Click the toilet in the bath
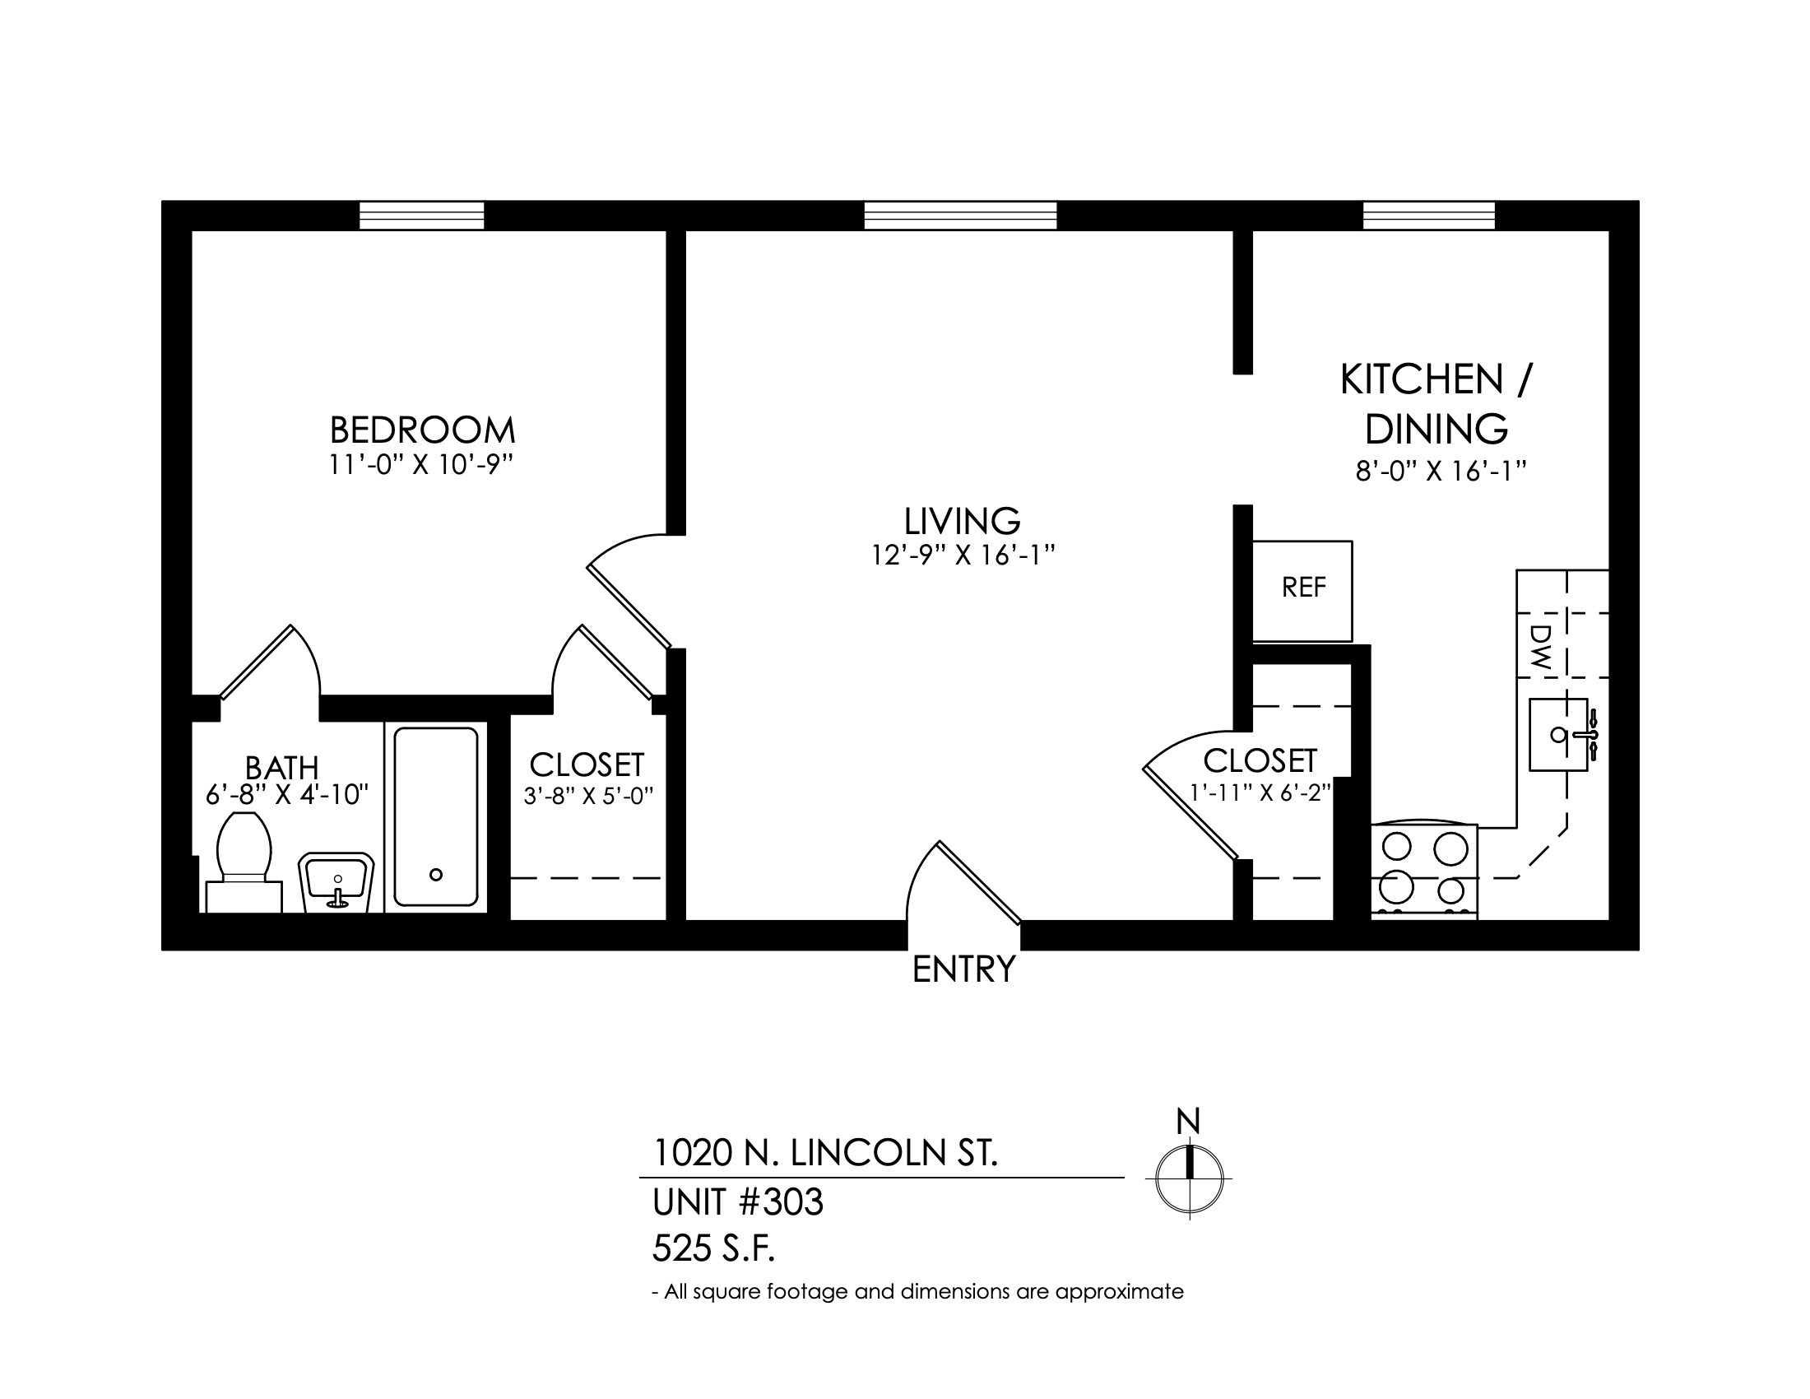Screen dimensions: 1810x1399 click(x=244, y=862)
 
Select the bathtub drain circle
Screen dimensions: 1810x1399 click(x=436, y=874)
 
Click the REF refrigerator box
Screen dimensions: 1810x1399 click(x=1302, y=591)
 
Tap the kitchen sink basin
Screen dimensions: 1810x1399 click(x=1559, y=734)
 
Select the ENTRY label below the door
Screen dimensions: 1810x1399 click(x=964, y=969)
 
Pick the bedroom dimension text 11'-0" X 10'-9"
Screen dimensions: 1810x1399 click(x=421, y=466)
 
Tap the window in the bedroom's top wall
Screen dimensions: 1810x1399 click(x=422, y=216)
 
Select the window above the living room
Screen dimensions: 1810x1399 click(x=960, y=216)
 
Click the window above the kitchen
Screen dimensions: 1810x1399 click(x=1430, y=216)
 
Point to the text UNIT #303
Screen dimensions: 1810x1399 click(x=738, y=1202)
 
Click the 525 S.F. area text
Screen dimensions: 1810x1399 click(x=713, y=1249)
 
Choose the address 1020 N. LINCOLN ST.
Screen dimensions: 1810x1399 click(x=825, y=1153)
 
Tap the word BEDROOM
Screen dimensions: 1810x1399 click(x=423, y=430)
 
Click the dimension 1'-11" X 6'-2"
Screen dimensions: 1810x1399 click(x=1260, y=793)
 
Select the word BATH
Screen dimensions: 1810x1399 click(x=281, y=768)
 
